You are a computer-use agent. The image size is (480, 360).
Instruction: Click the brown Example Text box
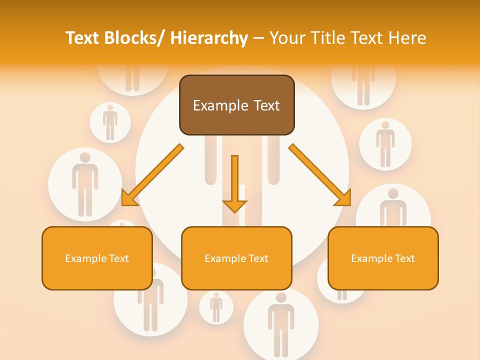click(236, 105)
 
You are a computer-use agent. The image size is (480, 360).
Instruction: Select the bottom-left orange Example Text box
click(97, 258)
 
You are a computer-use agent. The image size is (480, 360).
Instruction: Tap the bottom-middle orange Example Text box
click(236, 258)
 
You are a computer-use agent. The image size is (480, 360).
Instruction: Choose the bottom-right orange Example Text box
click(383, 258)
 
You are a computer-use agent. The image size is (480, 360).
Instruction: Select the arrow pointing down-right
click(320, 175)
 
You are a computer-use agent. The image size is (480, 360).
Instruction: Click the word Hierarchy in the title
click(209, 38)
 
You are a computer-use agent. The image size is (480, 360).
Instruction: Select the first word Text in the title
click(82, 38)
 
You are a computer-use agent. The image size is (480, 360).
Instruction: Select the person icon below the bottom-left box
click(150, 305)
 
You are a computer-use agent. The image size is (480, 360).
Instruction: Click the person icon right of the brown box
click(385, 144)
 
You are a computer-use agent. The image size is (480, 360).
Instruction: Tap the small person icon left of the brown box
click(110, 122)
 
